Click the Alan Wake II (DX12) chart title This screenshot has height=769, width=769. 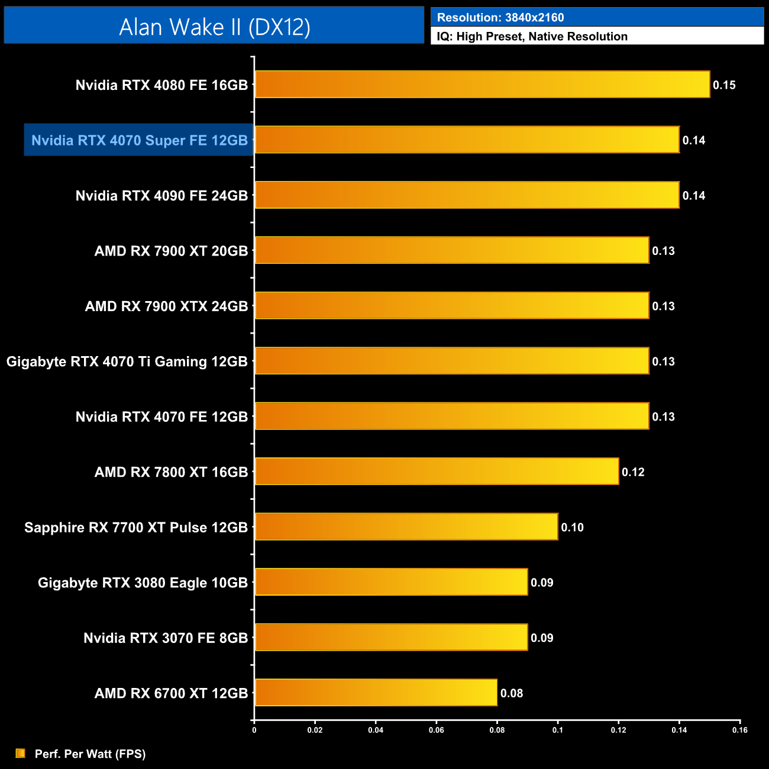(214, 27)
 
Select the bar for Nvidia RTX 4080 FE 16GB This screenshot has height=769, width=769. (482, 85)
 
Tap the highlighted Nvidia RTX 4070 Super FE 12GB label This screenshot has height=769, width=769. (139, 140)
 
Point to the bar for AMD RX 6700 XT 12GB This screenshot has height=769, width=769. (376, 693)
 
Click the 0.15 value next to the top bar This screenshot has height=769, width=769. (724, 85)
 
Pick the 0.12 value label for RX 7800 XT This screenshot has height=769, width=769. (633, 472)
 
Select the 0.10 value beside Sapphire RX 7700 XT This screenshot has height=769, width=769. (572, 527)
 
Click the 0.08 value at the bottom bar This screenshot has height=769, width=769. (512, 693)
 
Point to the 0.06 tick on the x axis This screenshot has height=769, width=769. (437, 730)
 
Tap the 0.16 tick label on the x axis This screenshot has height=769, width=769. (740, 730)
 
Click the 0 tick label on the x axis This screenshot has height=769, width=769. (254, 730)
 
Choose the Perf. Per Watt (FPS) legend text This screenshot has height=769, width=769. (90, 754)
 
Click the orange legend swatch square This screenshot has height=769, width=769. (21, 753)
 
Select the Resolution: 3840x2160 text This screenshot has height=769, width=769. (500, 18)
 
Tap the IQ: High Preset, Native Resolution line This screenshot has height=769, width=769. (532, 37)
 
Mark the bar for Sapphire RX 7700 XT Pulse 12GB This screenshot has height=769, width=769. (406, 527)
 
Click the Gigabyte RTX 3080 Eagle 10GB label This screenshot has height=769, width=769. (143, 583)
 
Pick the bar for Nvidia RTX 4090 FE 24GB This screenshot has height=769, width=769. (467, 195)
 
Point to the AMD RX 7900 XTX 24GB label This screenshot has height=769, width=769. (166, 306)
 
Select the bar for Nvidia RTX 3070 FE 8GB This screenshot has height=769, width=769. (391, 638)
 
